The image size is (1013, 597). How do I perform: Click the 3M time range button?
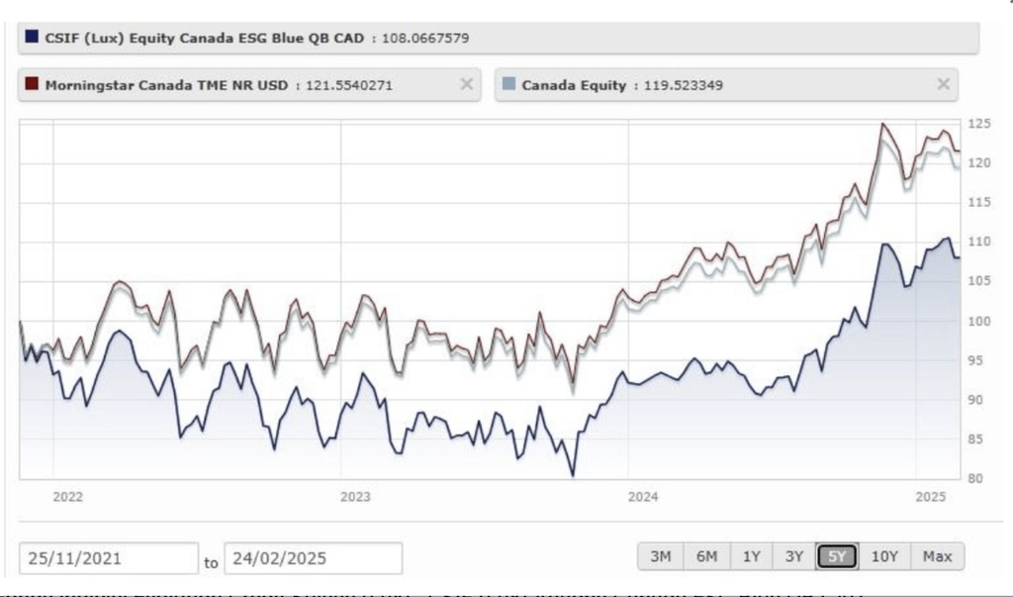pos(660,556)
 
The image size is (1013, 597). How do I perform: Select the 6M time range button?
pos(706,556)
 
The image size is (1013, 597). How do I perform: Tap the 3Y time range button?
pos(793,556)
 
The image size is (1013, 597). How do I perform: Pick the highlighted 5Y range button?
pos(837,556)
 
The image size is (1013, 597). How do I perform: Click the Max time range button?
pos(936,556)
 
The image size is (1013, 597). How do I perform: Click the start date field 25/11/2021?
pos(108,558)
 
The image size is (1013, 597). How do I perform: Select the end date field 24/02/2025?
pos(313,558)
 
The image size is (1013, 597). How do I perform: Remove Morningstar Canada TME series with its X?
pos(466,84)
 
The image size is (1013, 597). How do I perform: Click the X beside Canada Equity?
pos(944,84)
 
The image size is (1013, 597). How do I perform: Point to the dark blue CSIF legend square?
pos(33,38)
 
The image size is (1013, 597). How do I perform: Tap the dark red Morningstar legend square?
pos(33,84)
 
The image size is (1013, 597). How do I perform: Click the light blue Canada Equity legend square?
pos(509,84)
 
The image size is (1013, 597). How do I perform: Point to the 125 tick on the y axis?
pos(978,124)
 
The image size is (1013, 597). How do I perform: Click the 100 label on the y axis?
pos(978,322)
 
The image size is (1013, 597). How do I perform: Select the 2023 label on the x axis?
pos(354,496)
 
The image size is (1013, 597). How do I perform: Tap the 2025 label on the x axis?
pos(930,496)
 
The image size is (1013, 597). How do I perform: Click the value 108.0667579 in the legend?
pos(425,39)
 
